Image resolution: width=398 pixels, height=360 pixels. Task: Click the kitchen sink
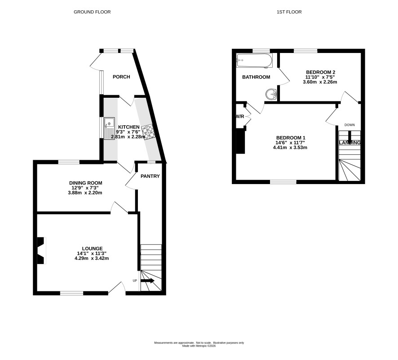point(109,128)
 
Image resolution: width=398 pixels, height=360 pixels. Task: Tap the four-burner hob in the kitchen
point(148,132)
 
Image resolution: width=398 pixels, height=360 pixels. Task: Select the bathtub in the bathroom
point(255,61)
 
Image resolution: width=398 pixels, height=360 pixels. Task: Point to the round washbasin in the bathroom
point(271,94)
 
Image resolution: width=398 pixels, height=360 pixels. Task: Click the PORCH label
point(121,77)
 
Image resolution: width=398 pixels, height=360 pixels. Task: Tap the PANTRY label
point(150,176)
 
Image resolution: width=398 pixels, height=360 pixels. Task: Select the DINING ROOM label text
point(86,183)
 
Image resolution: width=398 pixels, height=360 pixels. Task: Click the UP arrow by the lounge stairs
point(147,281)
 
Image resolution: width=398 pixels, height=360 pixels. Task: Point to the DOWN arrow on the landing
point(349,137)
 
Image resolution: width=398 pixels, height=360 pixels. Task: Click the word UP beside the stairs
point(135,281)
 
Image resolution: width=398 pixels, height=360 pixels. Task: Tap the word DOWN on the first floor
point(349,125)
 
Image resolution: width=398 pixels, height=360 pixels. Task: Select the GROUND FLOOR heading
point(92,12)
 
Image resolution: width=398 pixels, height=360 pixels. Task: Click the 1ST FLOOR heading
point(289,12)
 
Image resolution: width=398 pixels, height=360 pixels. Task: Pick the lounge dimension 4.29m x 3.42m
point(92,258)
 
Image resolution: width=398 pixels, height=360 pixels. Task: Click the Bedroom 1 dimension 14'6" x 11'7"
point(290,143)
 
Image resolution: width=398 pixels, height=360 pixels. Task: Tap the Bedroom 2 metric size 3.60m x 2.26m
point(320,82)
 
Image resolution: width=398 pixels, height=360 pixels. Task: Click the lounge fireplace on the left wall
point(41,250)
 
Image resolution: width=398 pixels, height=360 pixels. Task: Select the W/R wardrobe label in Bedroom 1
point(240,116)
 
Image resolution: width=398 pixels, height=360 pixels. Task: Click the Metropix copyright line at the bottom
point(199,346)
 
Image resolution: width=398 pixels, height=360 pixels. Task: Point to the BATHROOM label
point(256,77)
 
